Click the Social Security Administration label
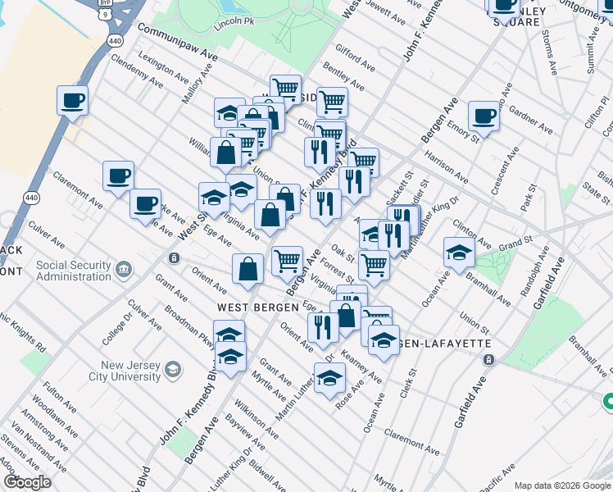pos(73,271)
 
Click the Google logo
pos(27,482)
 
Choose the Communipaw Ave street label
pos(177,41)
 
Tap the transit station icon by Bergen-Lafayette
pos(489,360)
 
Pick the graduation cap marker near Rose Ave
pos(329,380)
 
